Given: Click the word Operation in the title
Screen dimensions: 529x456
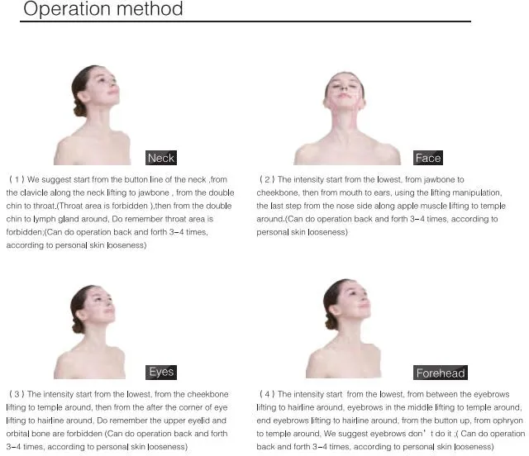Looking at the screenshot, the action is tap(67, 8).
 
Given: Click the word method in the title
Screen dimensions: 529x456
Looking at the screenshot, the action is tap(150, 8).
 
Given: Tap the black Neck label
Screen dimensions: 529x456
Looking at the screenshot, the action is tap(161, 158).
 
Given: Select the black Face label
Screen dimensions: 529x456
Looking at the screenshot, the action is tap(428, 158).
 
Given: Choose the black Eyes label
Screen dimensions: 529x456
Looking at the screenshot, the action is tap(161, 373).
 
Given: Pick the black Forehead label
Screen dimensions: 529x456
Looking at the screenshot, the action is tap(441, 373).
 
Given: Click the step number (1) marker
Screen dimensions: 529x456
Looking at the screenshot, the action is tap(17, 179).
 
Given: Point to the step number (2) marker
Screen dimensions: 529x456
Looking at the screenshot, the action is tap(267, 179).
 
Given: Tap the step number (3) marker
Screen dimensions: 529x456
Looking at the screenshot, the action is tap(17, 394).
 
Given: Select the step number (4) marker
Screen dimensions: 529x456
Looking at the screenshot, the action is tap(267, 394).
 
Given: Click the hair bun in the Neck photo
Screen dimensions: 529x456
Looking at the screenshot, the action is tap(79, 107).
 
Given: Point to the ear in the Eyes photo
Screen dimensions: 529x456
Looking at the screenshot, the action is tap(81, 315).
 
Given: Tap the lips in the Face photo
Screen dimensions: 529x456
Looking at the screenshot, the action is tap(344, 96).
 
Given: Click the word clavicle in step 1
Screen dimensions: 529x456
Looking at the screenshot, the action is tap(34, 192).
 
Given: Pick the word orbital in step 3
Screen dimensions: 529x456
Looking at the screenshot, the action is tap(17, 434).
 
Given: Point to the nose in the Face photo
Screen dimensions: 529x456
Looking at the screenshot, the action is tap(344, 88).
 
